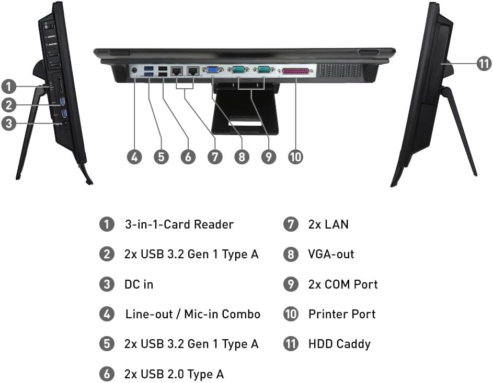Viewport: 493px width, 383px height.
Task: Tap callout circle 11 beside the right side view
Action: pos(484,64)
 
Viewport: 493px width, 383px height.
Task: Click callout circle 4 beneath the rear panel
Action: pos(135,157)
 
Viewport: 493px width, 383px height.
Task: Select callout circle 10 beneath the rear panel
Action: pos(295,157)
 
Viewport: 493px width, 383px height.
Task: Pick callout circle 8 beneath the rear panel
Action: pos(242,157)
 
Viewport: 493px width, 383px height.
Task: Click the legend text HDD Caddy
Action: pos(339,344)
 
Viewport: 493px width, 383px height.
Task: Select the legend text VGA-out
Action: pos(331,255)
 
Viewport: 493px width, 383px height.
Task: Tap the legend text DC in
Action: pos(139,284)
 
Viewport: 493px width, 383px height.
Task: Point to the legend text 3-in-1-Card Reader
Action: pos(179,225)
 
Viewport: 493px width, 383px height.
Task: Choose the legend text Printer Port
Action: pos(342,314)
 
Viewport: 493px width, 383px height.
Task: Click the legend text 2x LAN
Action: pos(328,225)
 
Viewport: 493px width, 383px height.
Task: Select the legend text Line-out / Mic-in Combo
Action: pos(192,314)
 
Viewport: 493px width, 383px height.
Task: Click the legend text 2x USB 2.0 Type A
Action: pos(174,374)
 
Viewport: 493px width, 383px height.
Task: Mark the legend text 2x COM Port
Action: pos(343,284)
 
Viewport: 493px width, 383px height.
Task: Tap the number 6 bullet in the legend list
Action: pos(107,374)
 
